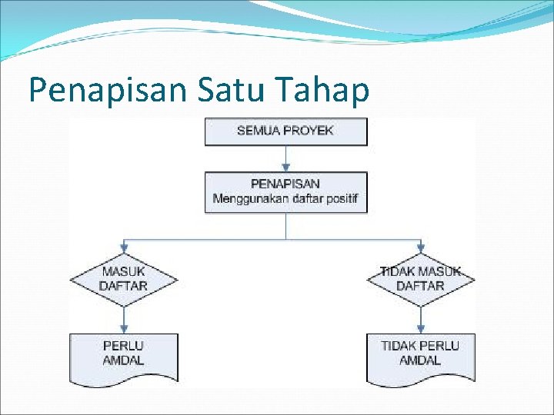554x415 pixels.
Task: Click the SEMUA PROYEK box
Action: pyautogui.click(x=285, y=131)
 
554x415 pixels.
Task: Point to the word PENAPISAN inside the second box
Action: pyautogui.click(x=285, y=184)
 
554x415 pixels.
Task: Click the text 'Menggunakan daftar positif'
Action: pyautogui.click(x=285, y=200)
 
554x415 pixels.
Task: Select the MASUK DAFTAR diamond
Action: pyautogui.click(x=123, y=279)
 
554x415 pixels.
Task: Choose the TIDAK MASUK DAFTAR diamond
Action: pyautogui.click(x=420, y=279)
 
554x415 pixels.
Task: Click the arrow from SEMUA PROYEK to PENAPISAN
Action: pyautogui.click(x=285, y=158)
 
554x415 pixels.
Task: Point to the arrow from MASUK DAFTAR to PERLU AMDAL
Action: pyautogui.click(x=123, y=318)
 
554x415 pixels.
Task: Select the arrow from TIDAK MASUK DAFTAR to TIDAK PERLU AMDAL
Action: pyautogui.click(x=420, y=318)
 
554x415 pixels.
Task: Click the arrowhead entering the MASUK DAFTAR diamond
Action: pyautogui.click(x=123, y=247)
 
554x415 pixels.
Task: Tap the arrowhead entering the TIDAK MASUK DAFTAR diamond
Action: pyautogui.click(x=420, y=247)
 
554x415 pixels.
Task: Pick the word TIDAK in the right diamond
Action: pyautogui.click(x=398, y=272)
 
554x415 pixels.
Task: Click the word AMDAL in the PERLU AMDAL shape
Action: pyautogui.click(x=123, y=360)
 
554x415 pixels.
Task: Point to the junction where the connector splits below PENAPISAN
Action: pyautogui.click(x=285, y=239)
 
